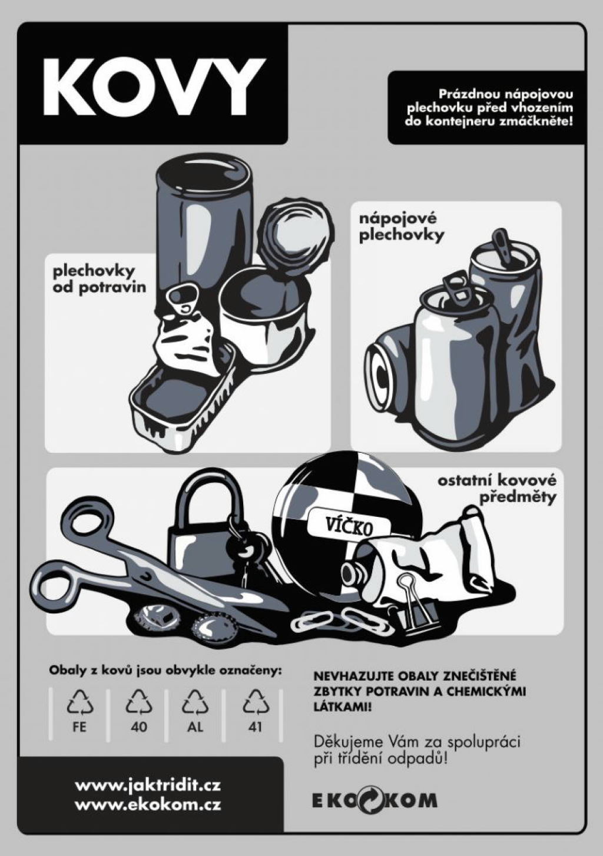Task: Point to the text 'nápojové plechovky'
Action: pyautogui.click(x=401, y=228)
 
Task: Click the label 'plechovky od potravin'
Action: pyautogui.click(x=100, y=278)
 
